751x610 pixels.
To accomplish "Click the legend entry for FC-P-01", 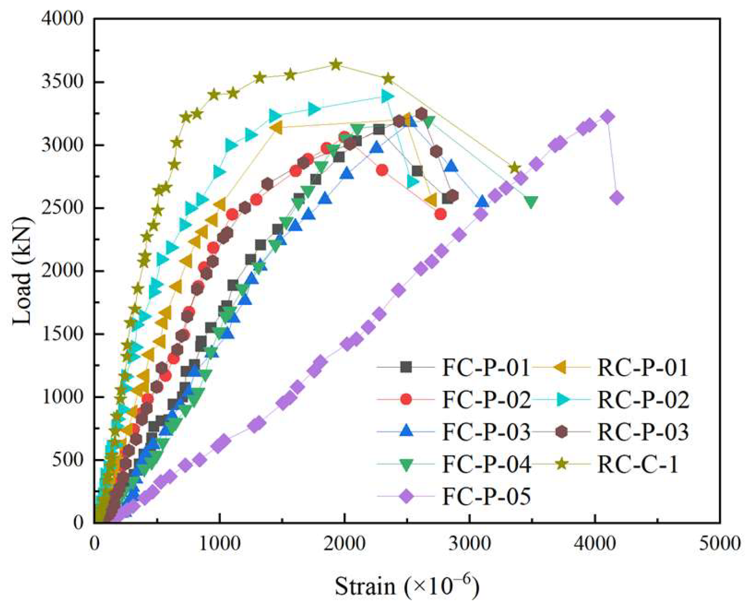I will (486, 367).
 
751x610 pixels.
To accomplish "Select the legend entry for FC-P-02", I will (486, 400).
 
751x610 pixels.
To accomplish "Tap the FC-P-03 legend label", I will (486, 432).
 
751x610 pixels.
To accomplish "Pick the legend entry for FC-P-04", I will (486, 464).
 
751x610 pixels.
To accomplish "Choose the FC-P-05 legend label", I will (486, 497).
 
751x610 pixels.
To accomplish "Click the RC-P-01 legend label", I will (643, 367).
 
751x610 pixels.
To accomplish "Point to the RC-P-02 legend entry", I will (643, 400).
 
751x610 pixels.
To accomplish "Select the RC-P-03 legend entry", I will (643, 432).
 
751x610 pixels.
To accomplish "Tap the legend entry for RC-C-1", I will (638, 464).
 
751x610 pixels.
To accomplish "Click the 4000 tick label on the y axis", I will (66, 20).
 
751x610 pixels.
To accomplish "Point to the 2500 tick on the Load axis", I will (66, 208).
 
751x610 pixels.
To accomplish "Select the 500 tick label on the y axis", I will (71, 460).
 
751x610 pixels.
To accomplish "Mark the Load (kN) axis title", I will (23, 271).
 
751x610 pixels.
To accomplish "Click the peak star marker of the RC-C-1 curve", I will (336, 65).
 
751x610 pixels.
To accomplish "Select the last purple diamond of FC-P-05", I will (617, 198).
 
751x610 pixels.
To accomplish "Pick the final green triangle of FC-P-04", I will (531, 202).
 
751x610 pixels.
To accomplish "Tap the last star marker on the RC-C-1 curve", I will (514, 168).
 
